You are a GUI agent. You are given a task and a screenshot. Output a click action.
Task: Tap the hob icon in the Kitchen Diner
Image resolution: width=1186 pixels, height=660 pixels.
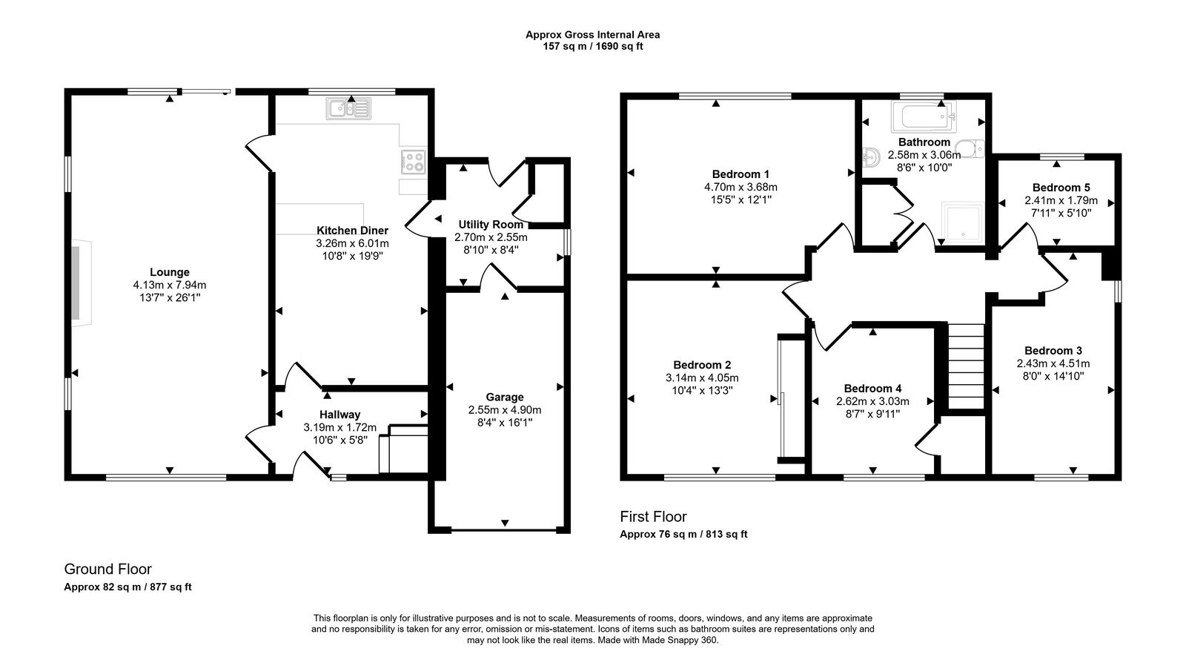[x=414, y=161]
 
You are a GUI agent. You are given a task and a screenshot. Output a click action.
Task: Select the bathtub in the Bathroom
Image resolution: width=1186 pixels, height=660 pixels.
[x=924, y=116]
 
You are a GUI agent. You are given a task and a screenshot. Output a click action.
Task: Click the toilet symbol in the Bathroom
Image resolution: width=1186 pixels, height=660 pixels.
[x=970, y=148]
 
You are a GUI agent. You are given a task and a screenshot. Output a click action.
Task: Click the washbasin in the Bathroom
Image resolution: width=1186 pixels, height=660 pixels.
[x=872, y=156]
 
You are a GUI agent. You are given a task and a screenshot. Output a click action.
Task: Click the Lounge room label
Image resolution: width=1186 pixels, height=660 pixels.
[x=170, y=272]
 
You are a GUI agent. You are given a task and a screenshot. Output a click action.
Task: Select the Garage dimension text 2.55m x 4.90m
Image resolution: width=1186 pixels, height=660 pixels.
[x=505, y=409]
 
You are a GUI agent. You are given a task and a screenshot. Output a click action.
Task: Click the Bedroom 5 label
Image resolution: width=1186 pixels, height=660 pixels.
[x=1061, y=188]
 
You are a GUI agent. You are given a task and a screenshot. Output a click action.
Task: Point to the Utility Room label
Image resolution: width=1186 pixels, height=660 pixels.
[x=491, y=225]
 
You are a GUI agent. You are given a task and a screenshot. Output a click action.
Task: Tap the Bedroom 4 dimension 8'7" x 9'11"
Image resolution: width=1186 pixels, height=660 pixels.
[x=872, y=415]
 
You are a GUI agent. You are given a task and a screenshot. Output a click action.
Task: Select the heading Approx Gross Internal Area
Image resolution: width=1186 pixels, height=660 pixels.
[x=592, y=34]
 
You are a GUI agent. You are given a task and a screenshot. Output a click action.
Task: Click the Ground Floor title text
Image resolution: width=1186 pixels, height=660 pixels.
[x=107, y=569]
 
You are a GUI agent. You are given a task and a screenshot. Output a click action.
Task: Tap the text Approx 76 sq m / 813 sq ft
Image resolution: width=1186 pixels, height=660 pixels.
[x=683, y=534]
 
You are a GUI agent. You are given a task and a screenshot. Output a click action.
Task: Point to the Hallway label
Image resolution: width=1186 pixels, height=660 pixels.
[x=339, y=415]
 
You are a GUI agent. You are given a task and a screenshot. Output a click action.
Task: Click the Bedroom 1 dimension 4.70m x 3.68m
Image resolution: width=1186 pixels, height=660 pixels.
[x=741, y=187]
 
